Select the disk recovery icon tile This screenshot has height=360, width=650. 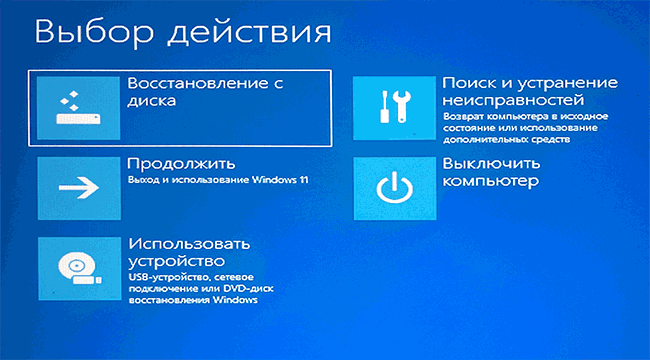[78, 107]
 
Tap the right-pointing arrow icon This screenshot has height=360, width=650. [78, 187]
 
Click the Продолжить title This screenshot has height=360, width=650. [181, 163]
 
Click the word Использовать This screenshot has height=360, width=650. [188, 244]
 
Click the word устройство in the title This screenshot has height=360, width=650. [173, 260]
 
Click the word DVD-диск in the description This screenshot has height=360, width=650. [258, 287]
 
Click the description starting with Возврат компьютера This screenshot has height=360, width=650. [520, 127]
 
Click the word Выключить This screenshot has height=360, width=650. [491, 164]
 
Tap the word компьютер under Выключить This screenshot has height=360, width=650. [491, 182]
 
